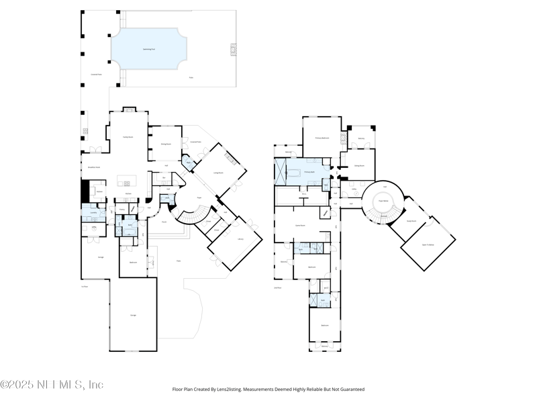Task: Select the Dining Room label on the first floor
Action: point(166,144)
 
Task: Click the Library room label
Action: point(240,238)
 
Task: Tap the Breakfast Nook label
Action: point(95,167)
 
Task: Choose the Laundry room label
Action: point(93,213)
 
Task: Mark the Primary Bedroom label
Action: point(322,137)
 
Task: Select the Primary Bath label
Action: point(309,173)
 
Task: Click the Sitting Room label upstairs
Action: point(359,165)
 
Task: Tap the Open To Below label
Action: point(428,245)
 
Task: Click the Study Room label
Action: point(411,220)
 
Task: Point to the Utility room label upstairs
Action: point(353,189)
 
